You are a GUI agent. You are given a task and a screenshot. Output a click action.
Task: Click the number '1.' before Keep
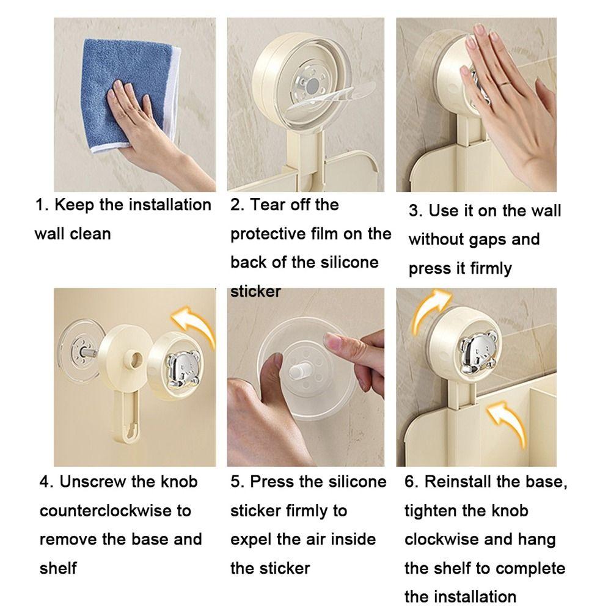[x=42, y=205]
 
